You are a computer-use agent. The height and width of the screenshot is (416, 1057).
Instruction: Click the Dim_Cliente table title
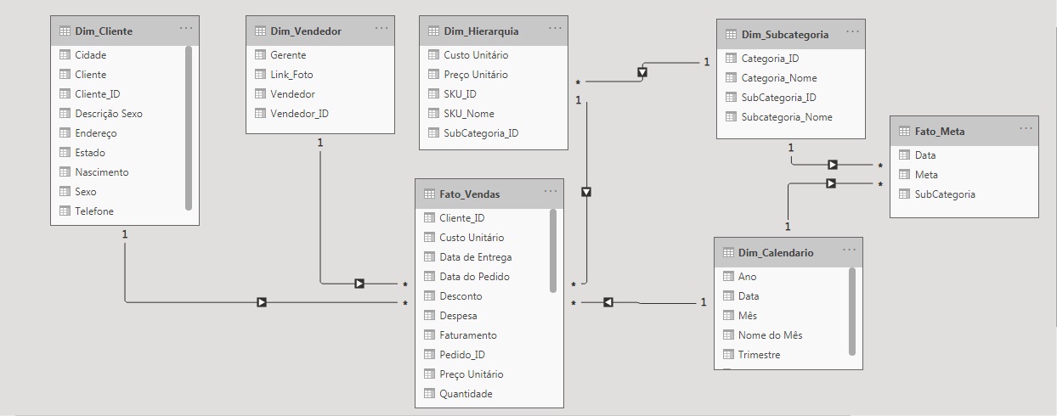click(103, 31)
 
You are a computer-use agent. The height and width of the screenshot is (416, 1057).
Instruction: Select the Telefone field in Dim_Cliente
click(93, 211)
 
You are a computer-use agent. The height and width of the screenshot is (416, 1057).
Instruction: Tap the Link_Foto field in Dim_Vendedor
click(291, 75)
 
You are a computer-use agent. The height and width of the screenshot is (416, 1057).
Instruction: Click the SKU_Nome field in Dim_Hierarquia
click(468, 114)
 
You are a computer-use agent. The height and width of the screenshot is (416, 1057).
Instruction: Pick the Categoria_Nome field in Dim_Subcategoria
click(778, 78)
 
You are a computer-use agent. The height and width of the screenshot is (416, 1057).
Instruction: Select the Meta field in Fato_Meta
click(926, 175)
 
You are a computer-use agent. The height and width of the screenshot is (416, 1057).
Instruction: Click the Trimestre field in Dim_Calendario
click(759, 355)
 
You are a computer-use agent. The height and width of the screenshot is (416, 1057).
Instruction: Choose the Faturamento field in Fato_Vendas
click(467, 335)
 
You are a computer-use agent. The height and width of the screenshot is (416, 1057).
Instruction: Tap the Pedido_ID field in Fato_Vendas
click(461, 355)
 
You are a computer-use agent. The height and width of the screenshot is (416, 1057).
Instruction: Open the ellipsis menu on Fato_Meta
click(1026, 128)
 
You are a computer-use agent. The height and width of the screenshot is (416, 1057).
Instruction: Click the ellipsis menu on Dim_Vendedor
click(382, 29)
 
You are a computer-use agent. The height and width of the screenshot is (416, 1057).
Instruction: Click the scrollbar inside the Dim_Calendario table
click(852, 310)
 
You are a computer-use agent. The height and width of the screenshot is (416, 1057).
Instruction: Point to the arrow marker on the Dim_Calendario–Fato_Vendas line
click(608, 302)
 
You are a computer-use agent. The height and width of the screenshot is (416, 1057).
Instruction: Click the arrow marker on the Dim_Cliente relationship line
click(262, 302)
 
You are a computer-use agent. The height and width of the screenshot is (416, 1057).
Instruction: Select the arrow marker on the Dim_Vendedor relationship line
click(359, 284)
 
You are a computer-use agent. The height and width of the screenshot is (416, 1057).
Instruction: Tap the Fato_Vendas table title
click(469, 194)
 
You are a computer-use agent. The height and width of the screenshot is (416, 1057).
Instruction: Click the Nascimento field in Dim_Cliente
click(101, 172)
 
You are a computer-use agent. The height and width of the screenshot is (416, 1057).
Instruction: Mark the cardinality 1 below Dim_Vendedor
click(320, 143)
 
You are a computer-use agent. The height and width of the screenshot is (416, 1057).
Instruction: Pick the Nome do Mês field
click(770, 335)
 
